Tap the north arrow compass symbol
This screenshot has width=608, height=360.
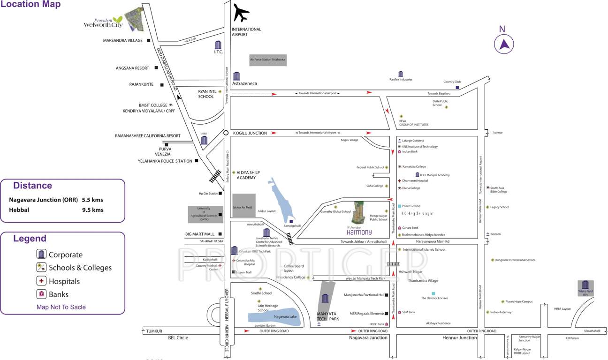tap(504, 45)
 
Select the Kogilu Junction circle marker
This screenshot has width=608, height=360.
tap(226, 133)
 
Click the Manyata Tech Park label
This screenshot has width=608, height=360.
tap(327, 316)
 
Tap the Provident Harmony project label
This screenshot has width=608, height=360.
tap(359, 231)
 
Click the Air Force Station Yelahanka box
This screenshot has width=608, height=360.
tap(267, 60)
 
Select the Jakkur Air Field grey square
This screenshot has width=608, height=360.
tap(244, 205)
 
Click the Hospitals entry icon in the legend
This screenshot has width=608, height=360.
tap(42, 281)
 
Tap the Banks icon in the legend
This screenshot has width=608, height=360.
tap(42, 294)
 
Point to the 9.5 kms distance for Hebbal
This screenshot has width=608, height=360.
tap(92, 210)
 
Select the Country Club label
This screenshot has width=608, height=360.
tap(452, 82)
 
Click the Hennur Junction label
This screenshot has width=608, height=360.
tap(460, 337)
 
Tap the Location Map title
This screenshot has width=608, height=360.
tap(30, 5)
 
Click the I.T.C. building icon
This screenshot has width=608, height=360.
tap(218, 45)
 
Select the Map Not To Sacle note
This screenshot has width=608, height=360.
tap(61, 307)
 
